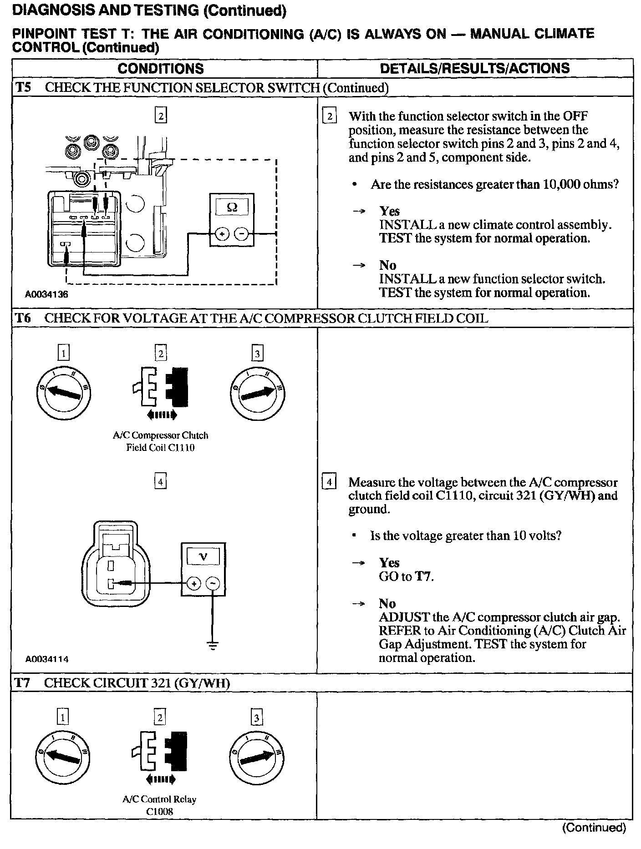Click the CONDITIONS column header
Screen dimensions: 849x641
160,68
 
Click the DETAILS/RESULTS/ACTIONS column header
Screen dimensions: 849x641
474,68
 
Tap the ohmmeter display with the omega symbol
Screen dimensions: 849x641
232,207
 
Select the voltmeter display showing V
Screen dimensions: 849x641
203,556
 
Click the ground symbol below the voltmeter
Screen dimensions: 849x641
213,644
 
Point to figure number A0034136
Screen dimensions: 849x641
46,294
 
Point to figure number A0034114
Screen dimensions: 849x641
46,659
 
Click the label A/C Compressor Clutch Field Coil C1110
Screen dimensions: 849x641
160,441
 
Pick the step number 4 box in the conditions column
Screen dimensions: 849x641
160,481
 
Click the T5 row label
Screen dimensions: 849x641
23,87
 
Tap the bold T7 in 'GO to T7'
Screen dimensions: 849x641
424,577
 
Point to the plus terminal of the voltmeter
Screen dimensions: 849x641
193,584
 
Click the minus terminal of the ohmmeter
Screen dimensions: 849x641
242,234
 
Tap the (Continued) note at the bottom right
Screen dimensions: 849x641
594,828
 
